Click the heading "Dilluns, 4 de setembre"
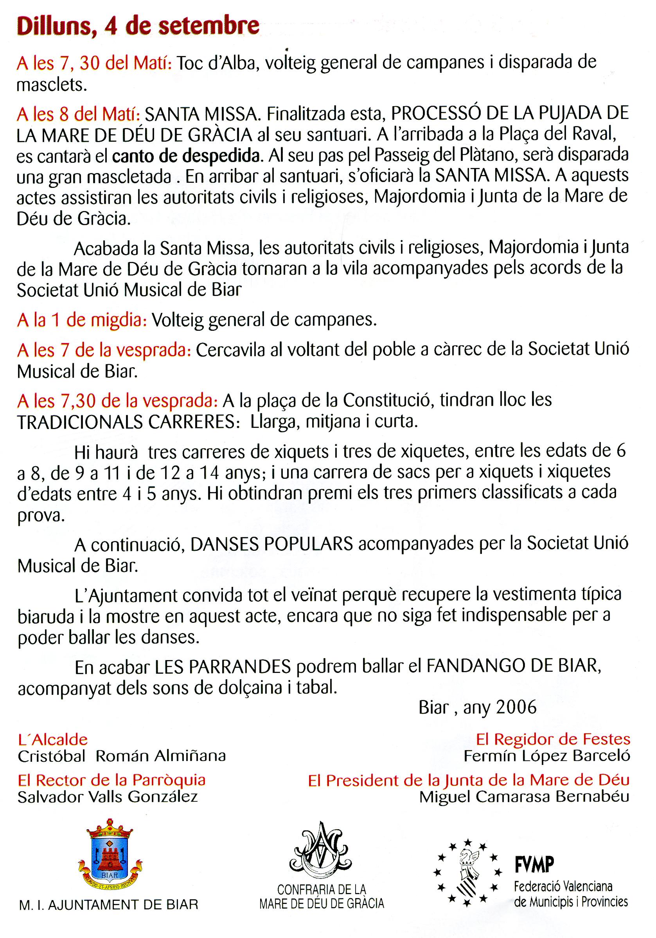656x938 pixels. coord(138,26)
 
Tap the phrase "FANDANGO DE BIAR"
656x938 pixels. coord(514,666)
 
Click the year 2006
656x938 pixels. coord(516,707)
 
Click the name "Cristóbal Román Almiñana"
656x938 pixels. coord(122,756)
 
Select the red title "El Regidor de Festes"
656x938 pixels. coord(553,739)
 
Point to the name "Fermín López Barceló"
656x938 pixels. coord(546,756)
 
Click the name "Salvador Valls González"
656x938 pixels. coord(108,796)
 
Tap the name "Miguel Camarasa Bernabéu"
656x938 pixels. coord(524,797)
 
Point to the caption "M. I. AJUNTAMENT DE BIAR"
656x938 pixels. coord(109,904)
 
